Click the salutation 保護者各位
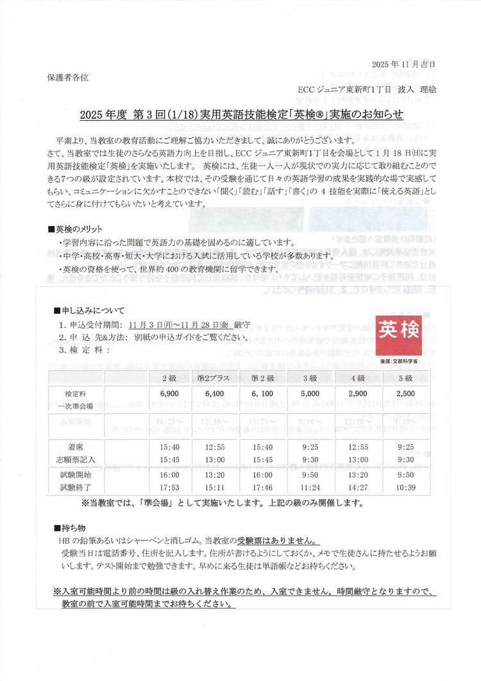[x=68, y=77]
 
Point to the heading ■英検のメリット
[x=75, y=229]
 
